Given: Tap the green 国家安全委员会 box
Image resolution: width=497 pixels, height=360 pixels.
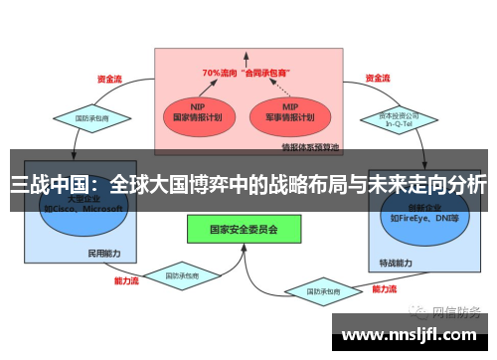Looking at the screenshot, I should tap(243, 229).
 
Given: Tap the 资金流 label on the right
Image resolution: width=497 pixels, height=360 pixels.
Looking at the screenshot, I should tap(377, 78).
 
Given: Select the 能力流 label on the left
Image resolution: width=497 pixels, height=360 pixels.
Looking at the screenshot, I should tap(126, 281).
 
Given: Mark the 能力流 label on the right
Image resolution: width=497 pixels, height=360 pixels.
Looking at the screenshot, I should tap(386, 289).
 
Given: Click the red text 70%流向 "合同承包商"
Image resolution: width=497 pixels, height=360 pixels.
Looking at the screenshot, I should tap(245, 73).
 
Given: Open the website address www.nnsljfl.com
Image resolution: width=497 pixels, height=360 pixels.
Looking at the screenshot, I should tap(414, 336).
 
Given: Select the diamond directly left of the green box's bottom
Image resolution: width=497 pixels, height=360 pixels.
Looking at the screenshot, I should tap(182, 274).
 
